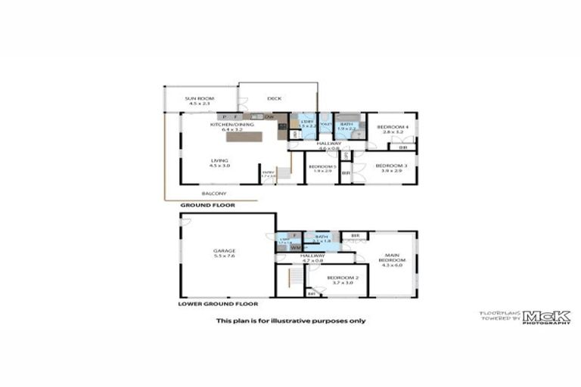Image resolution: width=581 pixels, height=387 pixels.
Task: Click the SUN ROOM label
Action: [x=200, y=98]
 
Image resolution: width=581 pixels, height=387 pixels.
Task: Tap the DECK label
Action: [x=275, y=98]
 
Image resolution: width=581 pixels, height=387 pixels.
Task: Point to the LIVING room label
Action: [x=219, y=160]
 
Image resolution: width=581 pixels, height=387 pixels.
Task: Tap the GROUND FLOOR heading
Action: [x=207, y=205]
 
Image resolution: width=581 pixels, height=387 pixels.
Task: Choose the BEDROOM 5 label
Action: [x=322, y=166]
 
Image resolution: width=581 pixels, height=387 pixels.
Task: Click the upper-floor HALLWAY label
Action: [x=328, y=144]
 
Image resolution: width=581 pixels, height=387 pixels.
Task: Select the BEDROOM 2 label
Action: [x=340, y=277]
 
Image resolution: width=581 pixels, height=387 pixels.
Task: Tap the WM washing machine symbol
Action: [x=296, y=247]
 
